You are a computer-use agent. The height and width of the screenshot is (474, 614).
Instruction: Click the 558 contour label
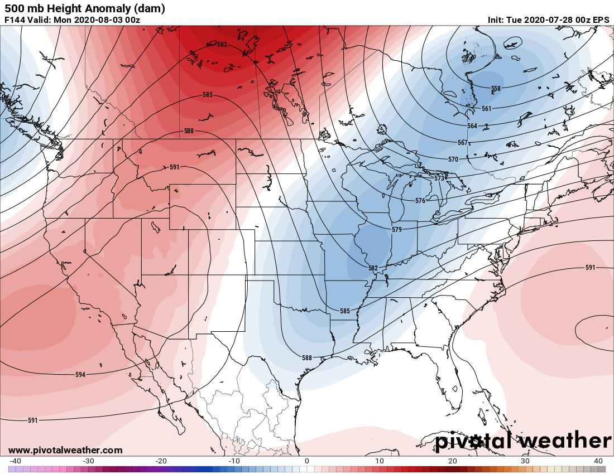click(496, 89)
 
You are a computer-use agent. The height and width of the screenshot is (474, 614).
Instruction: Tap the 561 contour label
click(486, 109)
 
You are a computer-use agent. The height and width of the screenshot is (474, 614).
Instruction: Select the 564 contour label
click(472, 126)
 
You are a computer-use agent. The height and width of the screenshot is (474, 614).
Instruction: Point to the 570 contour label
click(453, 159)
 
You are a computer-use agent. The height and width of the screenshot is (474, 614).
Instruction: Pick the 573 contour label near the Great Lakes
click(439, 178)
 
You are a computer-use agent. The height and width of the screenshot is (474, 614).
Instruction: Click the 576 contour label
click(420, 200)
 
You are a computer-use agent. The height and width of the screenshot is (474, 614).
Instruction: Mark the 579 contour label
click(396, 230)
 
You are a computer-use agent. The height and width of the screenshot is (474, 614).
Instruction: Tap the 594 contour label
click(80, 374)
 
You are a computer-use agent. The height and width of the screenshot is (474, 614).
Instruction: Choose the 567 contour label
click(462, 143)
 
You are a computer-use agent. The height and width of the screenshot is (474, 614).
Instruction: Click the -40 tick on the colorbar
click(16, 461)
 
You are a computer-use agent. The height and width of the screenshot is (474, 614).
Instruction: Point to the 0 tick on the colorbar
click(306, 461)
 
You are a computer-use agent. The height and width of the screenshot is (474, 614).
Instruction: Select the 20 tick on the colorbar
click(452, 461)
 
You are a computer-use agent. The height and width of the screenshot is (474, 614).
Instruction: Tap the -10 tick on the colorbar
click(234, 461)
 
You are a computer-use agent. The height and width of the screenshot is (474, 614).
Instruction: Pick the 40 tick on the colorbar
click(598, 461)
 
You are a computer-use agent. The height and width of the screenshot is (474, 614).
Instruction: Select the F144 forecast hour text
click(15, 20)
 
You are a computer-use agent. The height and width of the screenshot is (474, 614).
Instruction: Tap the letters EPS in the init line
click(601, 20)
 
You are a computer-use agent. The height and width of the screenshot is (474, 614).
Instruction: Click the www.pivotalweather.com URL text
click(65, 450)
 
